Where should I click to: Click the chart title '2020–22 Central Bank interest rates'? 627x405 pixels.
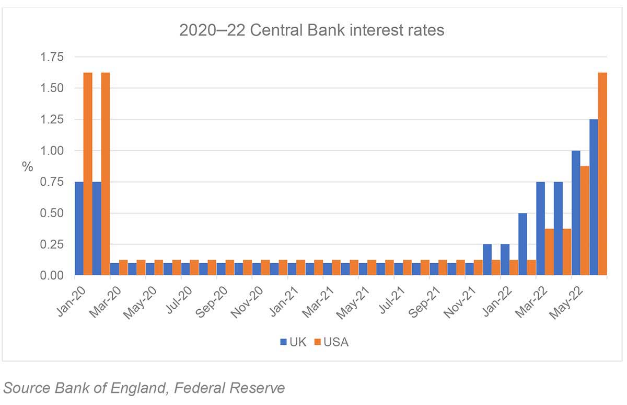311,30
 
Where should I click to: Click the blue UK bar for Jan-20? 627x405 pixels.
79,228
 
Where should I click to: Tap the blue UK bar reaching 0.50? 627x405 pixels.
522,244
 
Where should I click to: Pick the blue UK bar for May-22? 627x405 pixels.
576,212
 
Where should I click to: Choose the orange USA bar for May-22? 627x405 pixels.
585,220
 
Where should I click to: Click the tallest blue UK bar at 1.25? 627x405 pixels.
594,197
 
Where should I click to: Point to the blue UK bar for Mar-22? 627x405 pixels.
540,228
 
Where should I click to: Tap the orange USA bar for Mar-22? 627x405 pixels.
549,252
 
